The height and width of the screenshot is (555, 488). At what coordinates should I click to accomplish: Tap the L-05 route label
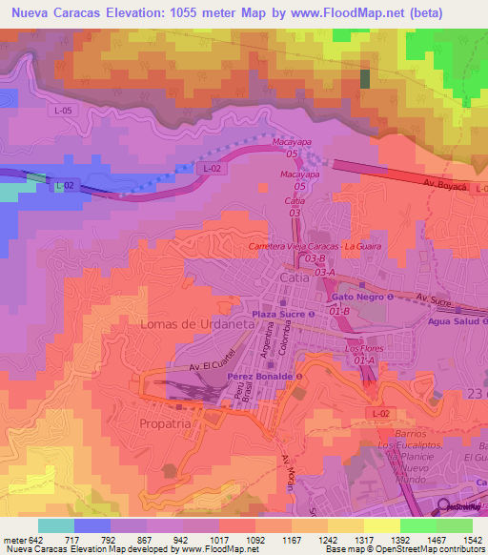point(63,112)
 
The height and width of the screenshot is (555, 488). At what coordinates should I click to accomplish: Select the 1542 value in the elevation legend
point(467,540)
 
